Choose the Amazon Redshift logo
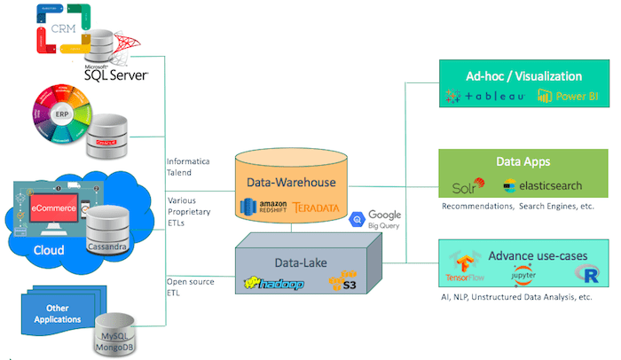(263, 207)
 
